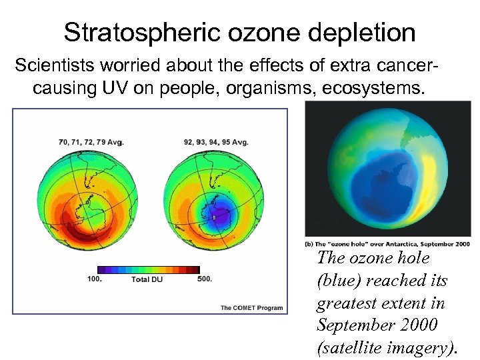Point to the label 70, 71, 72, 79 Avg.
click(x=91, y=142)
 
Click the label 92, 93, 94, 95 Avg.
click(x=215, y=142)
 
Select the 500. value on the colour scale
click(x=205, y=279)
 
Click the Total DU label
click(x=147, y=279)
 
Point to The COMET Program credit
click(x=251, y=307)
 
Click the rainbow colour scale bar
click(x=148, y=269)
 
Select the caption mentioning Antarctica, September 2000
click(x=387, y=244)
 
